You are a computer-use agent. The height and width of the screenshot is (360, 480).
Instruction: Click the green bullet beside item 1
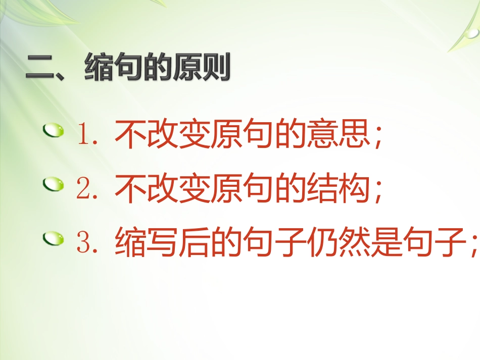click(x=54, y=132)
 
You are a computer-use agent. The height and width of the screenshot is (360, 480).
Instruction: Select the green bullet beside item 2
click(x=54, y=184)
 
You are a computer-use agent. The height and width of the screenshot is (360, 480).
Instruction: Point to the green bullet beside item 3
click(x=54, y=237)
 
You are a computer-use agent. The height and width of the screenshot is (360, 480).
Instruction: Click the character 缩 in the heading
click(x=99, y=69)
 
